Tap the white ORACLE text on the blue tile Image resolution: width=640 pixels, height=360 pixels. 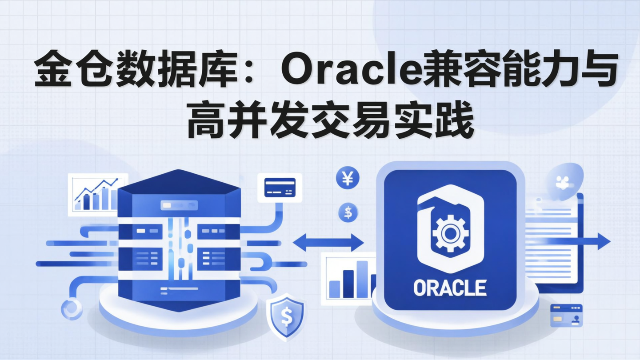450,288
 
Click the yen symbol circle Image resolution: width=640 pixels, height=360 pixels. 348,180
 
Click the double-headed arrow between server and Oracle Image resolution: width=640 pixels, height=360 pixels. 328,243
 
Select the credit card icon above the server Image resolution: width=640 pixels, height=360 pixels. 280,187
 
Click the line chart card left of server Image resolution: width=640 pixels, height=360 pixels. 97,195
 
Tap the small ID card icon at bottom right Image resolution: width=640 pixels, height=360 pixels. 566,315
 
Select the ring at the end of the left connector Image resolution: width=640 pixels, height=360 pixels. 71,308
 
